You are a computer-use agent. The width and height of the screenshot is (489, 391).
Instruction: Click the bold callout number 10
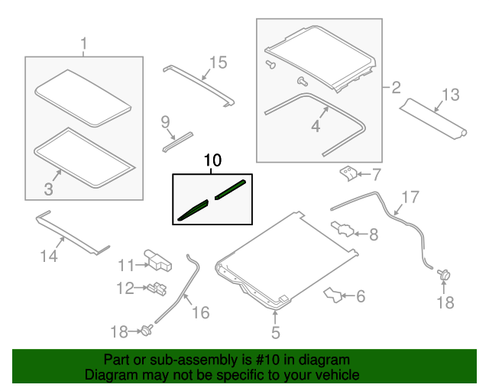click(x=212, y=160)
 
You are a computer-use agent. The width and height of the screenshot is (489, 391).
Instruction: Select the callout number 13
click(x=451, y=95)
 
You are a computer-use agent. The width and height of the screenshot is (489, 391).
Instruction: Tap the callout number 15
click(x=218, y=63)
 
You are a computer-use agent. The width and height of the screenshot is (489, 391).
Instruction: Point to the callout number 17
click(x=410, y=197)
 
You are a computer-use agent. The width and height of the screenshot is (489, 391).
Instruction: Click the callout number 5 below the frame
click(x=276, y=332)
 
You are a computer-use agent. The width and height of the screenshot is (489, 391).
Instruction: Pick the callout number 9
click(x=165, y=122)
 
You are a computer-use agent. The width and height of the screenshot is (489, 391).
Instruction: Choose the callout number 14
click(x=49, y=256)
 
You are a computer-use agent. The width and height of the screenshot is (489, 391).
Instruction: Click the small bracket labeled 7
click(x=348, y=174)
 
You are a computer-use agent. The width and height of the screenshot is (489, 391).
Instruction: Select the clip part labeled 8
click(x=342, y=229)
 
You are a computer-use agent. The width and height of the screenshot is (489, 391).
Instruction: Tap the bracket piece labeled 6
click(x=332, y=295)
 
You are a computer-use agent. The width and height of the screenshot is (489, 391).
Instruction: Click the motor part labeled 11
click(x=158, y=260)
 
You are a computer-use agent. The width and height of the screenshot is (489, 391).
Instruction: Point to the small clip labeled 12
click(x=157, y=289)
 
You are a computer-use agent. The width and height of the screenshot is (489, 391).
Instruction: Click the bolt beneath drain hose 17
click(x=444, y=275)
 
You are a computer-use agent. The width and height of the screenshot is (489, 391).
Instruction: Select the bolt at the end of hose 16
click(x=147, y=330)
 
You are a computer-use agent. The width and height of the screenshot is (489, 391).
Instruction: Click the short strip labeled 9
click(x=177, y=142)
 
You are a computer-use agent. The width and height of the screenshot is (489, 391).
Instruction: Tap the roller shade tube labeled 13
click(x=433, y=119)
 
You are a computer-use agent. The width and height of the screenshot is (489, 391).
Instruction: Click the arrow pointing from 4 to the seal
click(x=324, y=112)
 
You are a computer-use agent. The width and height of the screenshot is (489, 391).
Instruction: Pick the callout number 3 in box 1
click(x=48, y=189)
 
